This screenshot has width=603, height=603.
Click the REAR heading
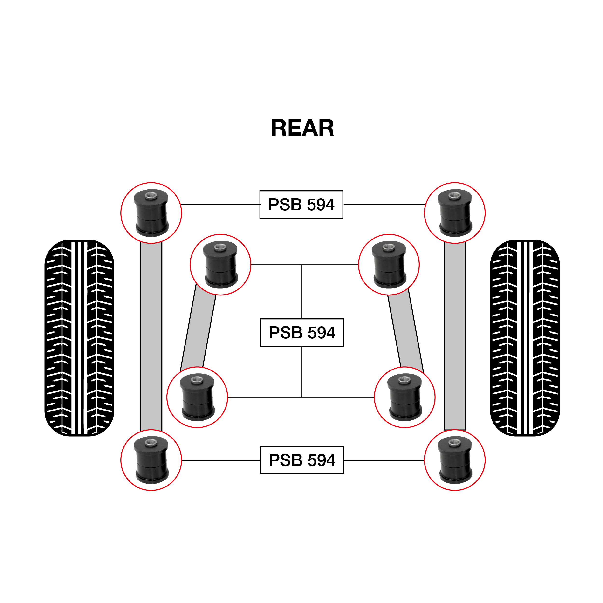(x=302, y=128)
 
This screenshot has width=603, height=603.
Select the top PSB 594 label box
(x=301, y=205)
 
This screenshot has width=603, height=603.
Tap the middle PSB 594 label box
(x=302, y=332)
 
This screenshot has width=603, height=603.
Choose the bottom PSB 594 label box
(x=302, y=460)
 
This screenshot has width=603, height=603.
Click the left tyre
(x=79, y=338)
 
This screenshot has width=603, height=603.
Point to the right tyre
(x=525, y=338)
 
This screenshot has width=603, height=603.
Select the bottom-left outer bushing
(x=151, y=460)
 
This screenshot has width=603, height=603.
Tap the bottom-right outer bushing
(x=455, y=460)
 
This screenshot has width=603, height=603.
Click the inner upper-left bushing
(x=220, y=265)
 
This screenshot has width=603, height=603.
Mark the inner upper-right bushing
(x=389, y=265)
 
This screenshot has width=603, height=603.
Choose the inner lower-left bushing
(x=197, y=397)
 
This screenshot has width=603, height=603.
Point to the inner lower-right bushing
(x=404, y=397)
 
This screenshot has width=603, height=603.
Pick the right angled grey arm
(x=405, y=331)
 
